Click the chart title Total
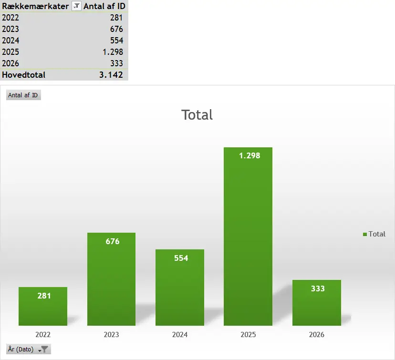[197, 115]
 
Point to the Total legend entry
[374, 234]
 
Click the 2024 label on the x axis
[180, 335]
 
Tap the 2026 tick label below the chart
[317, 335]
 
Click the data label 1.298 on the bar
[249, 155]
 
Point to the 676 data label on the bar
[113, 241]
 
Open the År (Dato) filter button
[29, 349]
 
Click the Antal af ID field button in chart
[23, 95]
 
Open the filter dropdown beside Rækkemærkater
[76, 6]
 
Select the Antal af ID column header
[104, 6]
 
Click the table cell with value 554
[116, 41]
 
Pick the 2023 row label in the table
[11, 29]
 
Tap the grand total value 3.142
[111, 75]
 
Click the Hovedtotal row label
[24, 75]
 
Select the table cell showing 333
[116, 63]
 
